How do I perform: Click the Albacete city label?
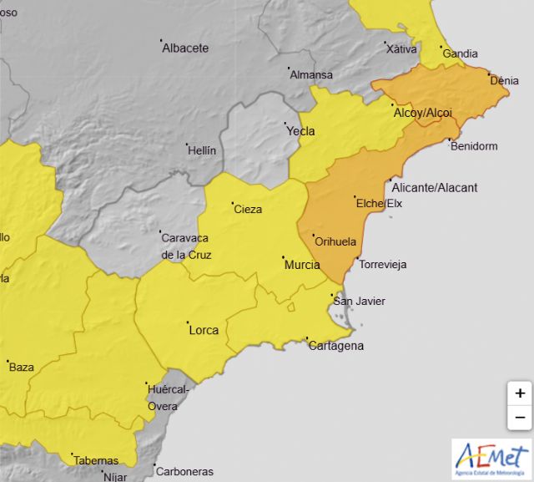pyautogui.click(x=185, y=48)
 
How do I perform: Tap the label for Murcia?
pyautogui.click(x=302, y=265)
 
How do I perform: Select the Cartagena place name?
pyautogui.click(x=336, y=346)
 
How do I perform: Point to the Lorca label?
pyautogui.click(x=204, y=330)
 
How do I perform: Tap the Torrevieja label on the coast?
pyautogui.click(x=382, y=265)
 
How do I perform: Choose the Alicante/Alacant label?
pyautogui.click(x=434, y=188)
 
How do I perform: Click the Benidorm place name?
pyautogui.click(x=473, y=146)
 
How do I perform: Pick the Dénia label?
pyautogui.click(x=505, y=81)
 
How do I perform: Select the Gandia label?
pyautogui.click(x=461, y=54)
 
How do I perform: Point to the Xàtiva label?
pyautogui.click(x=401, y=49)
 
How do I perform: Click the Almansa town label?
pyautogui.click(x=310, y=75)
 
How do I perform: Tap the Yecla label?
pyautogui.click(x=300, y=131)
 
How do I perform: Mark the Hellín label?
pyautogui.click(x=201, y=151)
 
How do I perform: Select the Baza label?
pyautogui.click(x=21, y=366)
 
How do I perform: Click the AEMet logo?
pyautogui.click(x=491, y=457)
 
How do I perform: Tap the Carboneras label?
pyautogui.click(x=184, y=471)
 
